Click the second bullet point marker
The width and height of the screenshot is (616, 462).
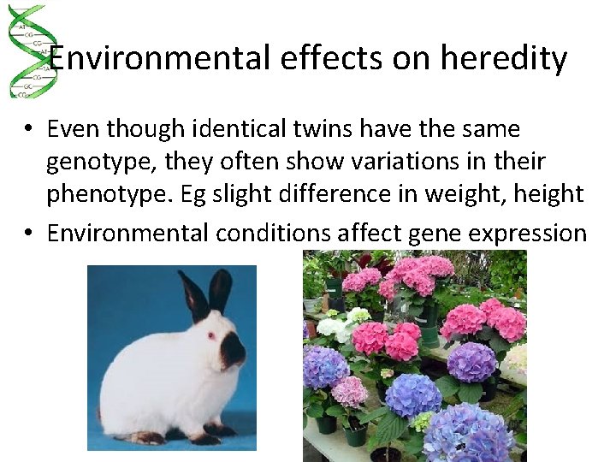tap(29, 233)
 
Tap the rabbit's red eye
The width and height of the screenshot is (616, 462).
tap(210, 335)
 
